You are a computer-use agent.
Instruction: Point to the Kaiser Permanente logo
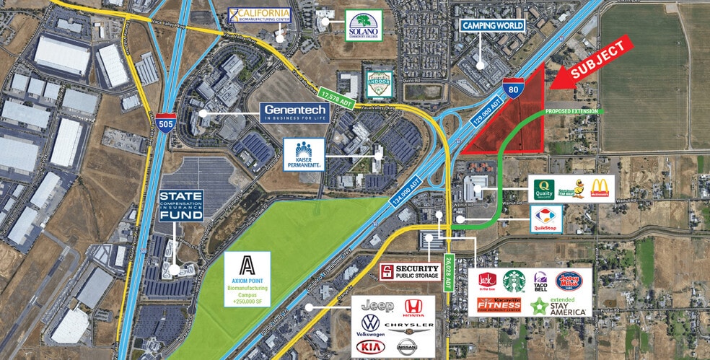pos(309,154)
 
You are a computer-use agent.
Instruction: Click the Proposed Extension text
pos(573,111)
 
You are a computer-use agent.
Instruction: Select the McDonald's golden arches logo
pos(600,188)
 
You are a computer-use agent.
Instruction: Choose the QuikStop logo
pos(546,216)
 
